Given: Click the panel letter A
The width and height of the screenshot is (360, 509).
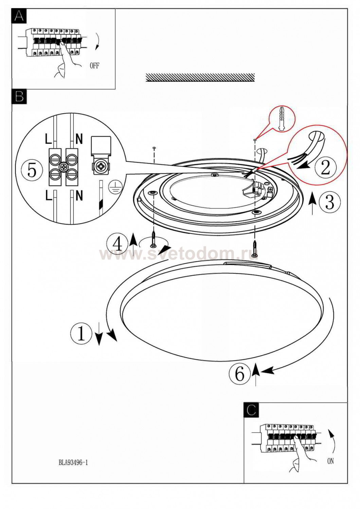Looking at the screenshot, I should (19, 16).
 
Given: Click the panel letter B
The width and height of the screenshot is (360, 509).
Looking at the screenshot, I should (19, 96).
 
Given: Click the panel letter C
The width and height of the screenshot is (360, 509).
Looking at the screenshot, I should (251, 410).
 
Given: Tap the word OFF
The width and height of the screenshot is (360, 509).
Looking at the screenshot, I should (94, 65).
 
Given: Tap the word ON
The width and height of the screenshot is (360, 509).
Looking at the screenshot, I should (330, 461).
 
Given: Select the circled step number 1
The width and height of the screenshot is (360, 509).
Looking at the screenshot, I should (81, 333).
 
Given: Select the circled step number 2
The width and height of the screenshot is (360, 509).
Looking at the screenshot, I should (325, 167).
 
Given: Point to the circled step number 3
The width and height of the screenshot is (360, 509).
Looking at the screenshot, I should (329, 202).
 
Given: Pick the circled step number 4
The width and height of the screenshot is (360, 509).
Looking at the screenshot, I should (117, 244).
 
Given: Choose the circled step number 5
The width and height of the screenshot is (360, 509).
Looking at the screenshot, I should (32, 170).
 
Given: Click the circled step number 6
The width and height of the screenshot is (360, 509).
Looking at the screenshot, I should (239, 374).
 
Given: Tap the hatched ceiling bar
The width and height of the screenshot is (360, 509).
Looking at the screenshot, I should (200, 77).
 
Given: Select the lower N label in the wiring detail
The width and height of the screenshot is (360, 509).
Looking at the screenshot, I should (79, 195).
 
